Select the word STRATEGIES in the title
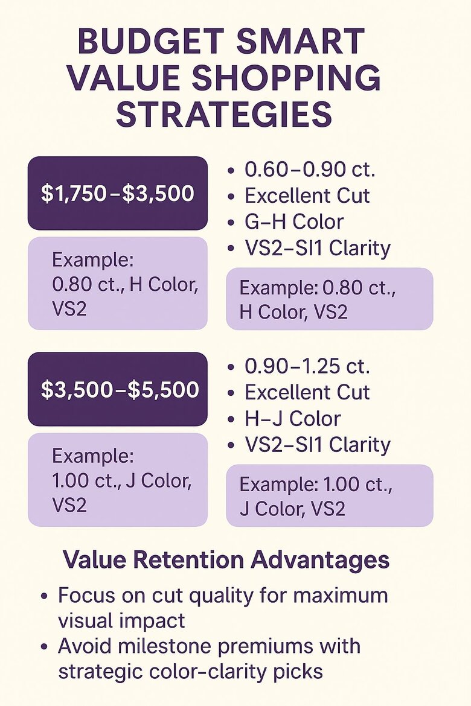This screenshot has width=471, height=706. (224, 115)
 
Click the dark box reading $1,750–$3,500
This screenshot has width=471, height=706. (118, 193)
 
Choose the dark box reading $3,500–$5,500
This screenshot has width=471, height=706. (118, 389)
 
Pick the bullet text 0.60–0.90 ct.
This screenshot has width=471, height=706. (309, 170)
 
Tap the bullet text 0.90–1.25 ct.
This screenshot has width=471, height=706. (307, 366)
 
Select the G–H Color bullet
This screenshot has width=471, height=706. (293, 221)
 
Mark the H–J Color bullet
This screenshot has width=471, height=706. (292, 418)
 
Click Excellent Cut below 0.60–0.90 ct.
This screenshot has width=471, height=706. (307, 196)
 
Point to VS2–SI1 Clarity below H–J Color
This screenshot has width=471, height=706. (317, 445)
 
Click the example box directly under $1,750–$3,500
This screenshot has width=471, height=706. (118, 283)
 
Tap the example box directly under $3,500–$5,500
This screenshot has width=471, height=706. (118, 480)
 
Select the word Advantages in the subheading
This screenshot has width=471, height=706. (321, 560)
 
